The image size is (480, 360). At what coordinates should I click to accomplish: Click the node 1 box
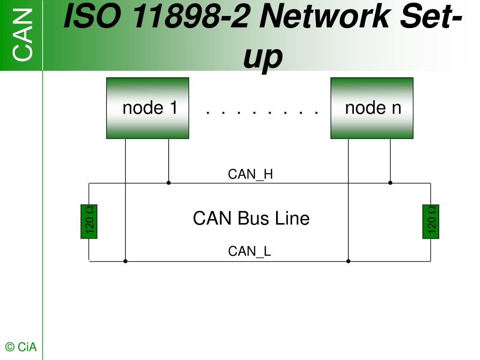click(148, 108)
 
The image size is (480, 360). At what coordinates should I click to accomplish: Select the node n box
click(372, 108)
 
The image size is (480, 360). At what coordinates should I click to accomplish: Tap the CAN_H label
click(250, 174)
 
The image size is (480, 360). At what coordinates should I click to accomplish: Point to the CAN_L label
click(249, 252)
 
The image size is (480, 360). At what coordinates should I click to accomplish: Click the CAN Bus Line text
click(251, 218)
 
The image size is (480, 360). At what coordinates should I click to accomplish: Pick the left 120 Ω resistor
click(89, 222)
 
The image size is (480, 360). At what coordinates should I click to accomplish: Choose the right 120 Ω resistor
click(431, 222)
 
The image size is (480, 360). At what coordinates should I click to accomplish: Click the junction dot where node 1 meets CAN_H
click(168, 183)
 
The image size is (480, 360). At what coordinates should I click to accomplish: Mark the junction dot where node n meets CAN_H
click(390, 183)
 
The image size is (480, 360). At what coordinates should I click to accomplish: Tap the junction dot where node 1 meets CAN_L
click(125, 261)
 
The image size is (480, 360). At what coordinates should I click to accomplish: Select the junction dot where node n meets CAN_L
click(348, 261)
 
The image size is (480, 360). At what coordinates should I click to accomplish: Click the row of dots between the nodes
click(262, 112)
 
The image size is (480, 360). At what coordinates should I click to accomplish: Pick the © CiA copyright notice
click(21, 347)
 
